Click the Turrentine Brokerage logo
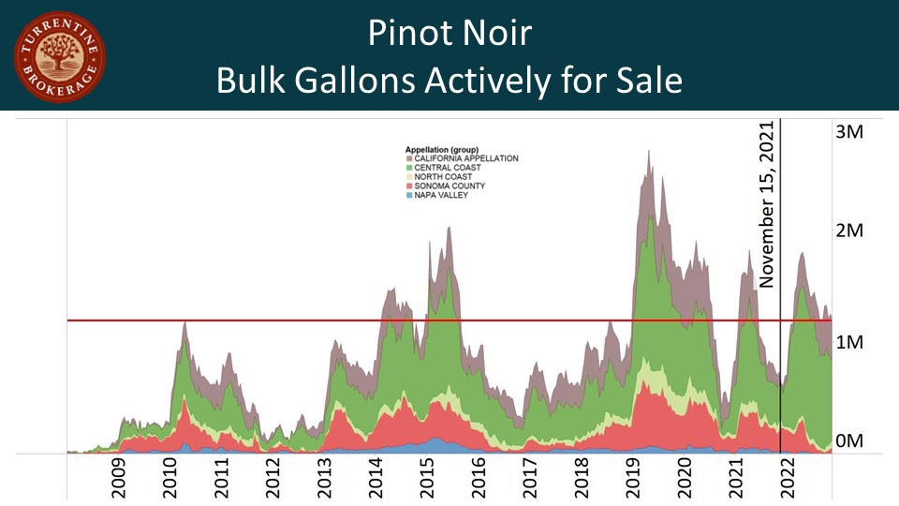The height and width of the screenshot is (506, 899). tap(59, 56)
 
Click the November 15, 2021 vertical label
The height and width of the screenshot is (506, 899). tap(769, 204)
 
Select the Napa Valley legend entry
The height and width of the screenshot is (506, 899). tap(438, 195)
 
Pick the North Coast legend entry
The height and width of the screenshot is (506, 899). tap(439, 177)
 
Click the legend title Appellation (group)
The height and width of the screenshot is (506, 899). tap(442, 150)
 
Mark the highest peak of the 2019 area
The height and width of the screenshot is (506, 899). tap(648, 151)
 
